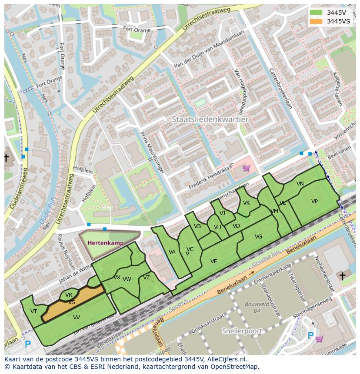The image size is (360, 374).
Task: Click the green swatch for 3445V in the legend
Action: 316,12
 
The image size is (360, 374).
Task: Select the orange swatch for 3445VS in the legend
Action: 316,21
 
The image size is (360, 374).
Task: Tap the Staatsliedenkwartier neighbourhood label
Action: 210,119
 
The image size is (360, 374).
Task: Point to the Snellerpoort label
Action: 242,331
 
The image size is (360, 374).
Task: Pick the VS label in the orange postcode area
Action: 72,302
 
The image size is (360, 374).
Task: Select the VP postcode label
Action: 314,202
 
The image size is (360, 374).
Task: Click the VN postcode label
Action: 300,184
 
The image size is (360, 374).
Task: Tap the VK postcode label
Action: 247,203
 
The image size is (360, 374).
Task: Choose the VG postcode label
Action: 258,237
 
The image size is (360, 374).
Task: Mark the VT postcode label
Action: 33,311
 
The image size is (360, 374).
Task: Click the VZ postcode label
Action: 147,278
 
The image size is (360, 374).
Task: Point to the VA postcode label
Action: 172,252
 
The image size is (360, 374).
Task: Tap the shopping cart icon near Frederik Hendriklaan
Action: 246,168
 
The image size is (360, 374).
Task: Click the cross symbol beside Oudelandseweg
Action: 6,158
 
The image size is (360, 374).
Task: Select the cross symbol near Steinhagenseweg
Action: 342,276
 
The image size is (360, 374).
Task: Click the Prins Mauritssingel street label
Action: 152,153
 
